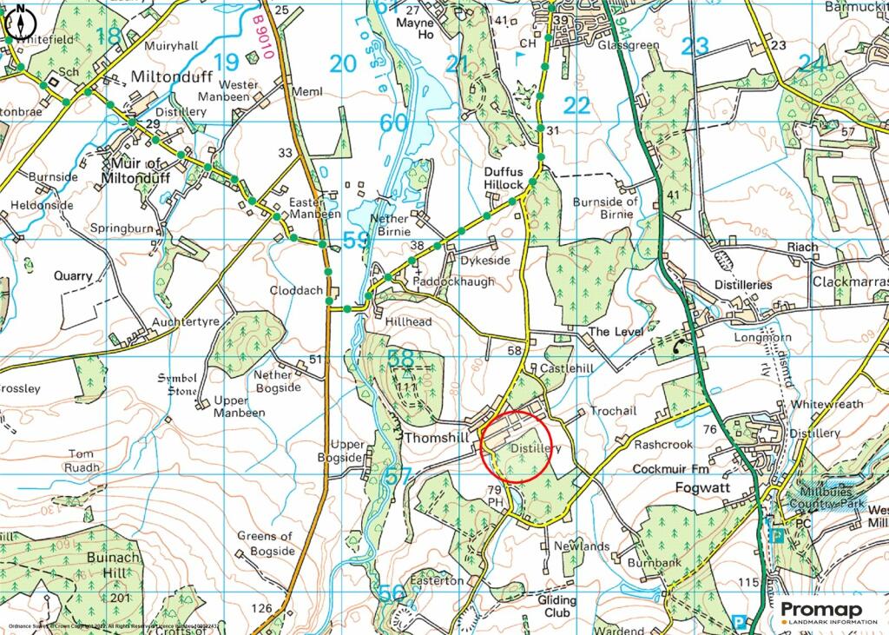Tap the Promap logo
(828, 612)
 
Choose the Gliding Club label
(556, 606)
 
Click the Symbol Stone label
(178, 384)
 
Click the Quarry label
(72, 275)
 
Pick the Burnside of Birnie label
(605, 208)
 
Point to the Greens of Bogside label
(266, 544)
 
